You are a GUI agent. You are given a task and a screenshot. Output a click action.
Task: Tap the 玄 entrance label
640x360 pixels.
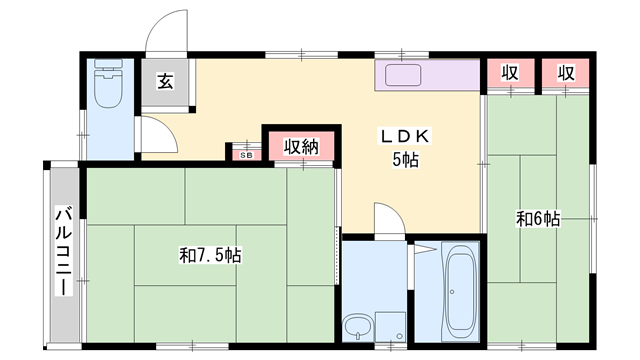[x=165, y=83]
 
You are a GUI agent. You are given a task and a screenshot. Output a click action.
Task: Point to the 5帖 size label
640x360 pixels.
[x=404, y=160]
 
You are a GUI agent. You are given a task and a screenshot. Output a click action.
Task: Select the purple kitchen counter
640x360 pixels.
[x=428, y=75]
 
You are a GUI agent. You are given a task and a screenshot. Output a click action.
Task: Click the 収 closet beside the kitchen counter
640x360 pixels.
[x=509, y=75]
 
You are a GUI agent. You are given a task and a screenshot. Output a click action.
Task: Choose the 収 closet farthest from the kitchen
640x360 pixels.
[x=565, y=75]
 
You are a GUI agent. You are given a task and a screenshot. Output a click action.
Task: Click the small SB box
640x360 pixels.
[x=245, y=153]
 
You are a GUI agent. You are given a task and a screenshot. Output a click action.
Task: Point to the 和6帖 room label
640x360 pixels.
[x=537, y=218]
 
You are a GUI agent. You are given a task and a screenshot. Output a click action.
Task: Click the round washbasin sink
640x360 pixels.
[x=357, y=325]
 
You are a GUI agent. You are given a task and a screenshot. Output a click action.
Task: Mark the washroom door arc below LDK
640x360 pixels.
[x=390, y=220]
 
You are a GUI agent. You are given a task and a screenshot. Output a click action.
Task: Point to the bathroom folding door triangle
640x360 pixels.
[x=424, y=248]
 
